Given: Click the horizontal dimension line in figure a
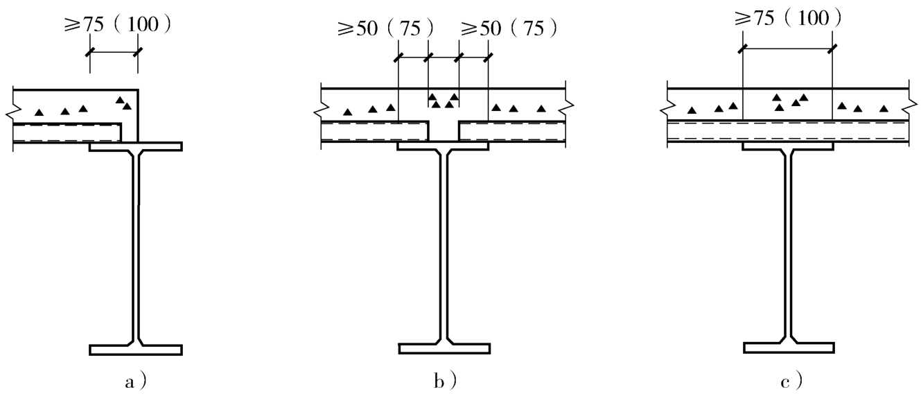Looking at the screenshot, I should [114, 53].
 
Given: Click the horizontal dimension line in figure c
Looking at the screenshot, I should [787, 49].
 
